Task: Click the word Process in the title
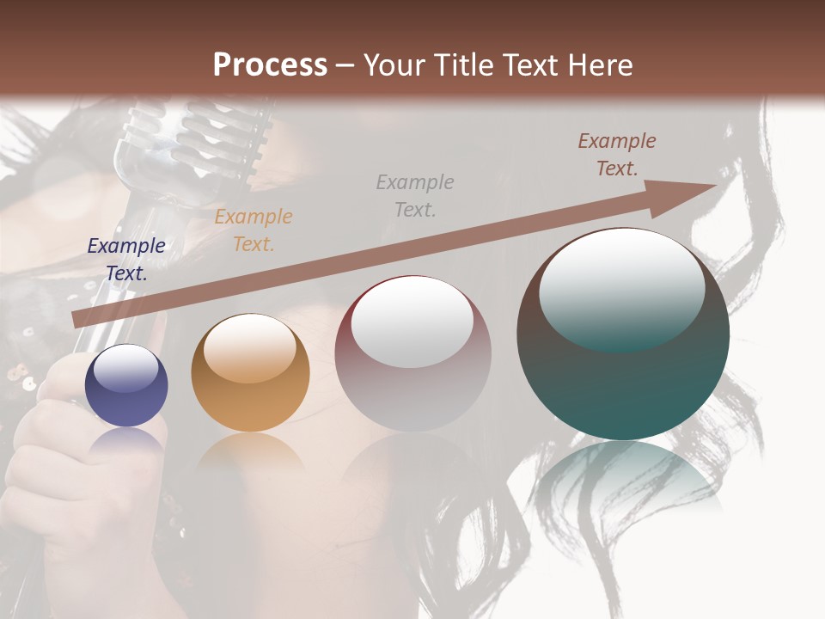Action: (x=270, y=64)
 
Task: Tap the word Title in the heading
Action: (x=466, y=64)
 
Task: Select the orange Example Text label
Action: (x=254, y=230)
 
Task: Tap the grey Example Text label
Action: (x=415, y=195)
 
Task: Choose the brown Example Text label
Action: (x=617, y=155)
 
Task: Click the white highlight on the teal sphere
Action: (x=621, y=288)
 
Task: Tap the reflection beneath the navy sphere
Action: (x=127, y=443)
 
